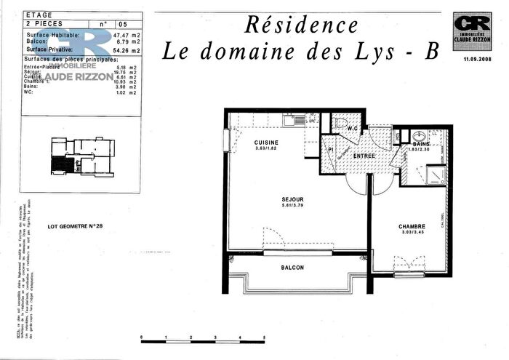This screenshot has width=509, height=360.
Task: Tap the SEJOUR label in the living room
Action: [x=293, y=199]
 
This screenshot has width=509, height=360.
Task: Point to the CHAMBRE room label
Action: [x=411, y=226]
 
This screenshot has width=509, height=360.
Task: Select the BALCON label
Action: [x=293, y=268]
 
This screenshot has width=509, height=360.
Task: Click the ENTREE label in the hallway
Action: [x=364, y=156]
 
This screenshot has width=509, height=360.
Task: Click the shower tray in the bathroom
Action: [x=436, y=175]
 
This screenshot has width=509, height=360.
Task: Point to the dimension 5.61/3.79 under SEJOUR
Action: [x=293, y=207]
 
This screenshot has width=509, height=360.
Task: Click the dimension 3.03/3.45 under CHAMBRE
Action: [x=411, y=233]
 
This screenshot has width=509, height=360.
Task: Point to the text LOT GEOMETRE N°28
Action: [x=75, y=226]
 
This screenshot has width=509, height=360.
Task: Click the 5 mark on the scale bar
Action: [x=264, y=337]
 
